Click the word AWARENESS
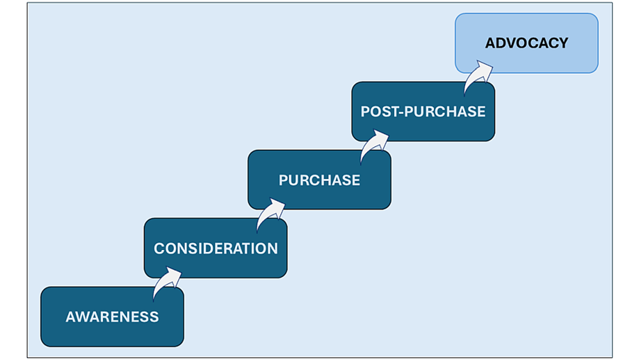click(112, 317)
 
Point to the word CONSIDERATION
click(216, 249)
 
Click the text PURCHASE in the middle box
click(319, 180)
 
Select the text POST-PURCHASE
click(423, 111)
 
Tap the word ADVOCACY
click(527, 43)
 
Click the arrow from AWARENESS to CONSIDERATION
click(166, 280)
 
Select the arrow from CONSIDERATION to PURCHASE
click(270, 212)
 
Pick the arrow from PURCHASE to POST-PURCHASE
click(373, 143)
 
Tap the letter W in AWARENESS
click(81, 317)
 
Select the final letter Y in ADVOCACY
click(563, 43)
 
